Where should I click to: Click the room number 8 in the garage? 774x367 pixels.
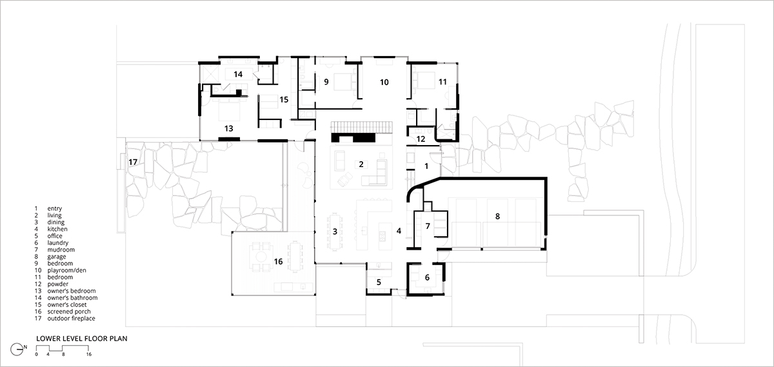(x=497, y=216)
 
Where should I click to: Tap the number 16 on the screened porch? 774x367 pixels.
(x=279, y=262)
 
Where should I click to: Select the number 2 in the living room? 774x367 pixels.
(x=361, y=164)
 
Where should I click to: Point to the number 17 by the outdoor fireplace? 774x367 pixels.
(x=133, y=162)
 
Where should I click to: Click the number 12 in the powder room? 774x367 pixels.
(x=421, y=139)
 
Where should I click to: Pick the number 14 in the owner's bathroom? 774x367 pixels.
(x=238, y=74)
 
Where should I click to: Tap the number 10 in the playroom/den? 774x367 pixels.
(x=384, y=83)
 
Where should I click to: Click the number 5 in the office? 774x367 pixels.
(x=379, y=283)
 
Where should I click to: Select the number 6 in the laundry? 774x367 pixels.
(x=427, y=277)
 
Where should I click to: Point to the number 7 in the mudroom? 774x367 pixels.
(x=428, y=226)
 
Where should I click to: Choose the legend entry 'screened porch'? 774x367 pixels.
(x=69, y=312)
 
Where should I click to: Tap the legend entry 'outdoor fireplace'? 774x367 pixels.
(x=71, y=318)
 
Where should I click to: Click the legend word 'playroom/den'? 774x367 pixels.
(x=66, y=270)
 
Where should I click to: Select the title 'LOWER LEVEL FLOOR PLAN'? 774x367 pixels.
(x=82, y=339)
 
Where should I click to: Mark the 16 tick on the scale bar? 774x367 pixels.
(x=89, y=354)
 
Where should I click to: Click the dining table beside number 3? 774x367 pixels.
(x=335, y=232)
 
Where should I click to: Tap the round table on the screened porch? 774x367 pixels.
(x=261, y=257)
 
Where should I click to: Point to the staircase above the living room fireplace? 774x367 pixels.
(x=362, y=127)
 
